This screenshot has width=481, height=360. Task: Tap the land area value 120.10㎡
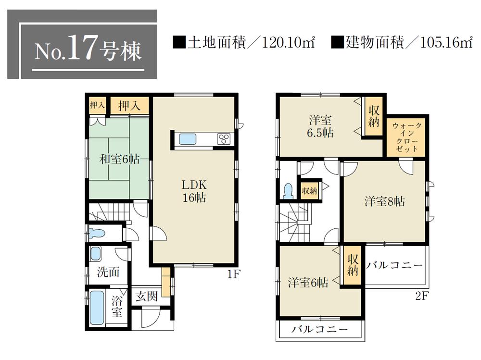coord(288,43)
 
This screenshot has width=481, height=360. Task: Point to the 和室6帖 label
coord(120,159)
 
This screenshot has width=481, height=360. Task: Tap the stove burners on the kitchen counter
coord(224,139)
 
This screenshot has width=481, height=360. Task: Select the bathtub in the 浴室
coord(97,307)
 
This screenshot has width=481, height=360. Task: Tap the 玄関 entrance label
coord(146,296)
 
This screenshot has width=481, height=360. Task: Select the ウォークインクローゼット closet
coord(407,137)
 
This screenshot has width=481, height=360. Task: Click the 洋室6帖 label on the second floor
coord(308,283)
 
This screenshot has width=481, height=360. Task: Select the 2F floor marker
coord(421,296)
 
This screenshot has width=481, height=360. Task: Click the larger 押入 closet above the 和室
coord(129,106)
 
